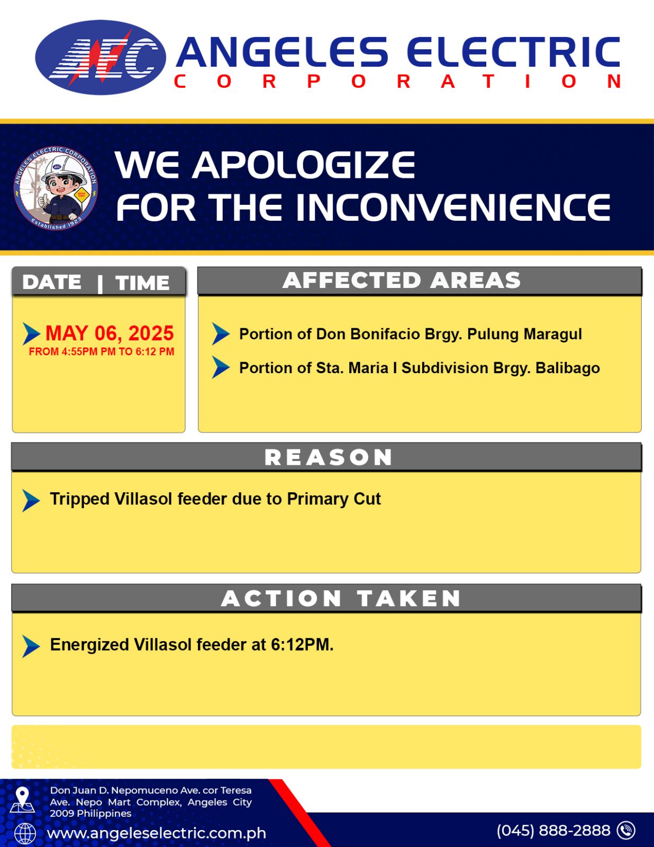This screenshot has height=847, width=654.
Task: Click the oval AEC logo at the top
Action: point(101,57)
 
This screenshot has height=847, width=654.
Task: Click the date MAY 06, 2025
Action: point(110,334)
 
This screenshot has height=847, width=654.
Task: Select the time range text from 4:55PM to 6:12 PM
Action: point(101,352)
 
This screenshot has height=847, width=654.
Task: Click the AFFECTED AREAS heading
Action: point(401,280)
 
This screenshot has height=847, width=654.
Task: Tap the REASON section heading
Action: point(329,457)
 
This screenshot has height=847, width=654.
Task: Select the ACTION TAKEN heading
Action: point(341,598)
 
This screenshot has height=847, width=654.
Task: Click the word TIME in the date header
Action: point(142,283)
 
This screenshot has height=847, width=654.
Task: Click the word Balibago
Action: point(568,368)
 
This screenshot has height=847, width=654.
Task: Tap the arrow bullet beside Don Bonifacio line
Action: point(221,334)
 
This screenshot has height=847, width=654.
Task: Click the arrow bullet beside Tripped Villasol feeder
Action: point(31,500)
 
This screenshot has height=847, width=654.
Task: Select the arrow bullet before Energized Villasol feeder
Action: point(31,646)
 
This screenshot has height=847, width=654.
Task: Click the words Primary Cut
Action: point(334,499)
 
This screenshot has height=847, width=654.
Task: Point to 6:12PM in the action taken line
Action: point(302,645)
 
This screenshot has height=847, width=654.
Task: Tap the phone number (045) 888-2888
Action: point(553,830)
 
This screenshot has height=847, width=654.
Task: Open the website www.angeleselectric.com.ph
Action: point(157,833)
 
